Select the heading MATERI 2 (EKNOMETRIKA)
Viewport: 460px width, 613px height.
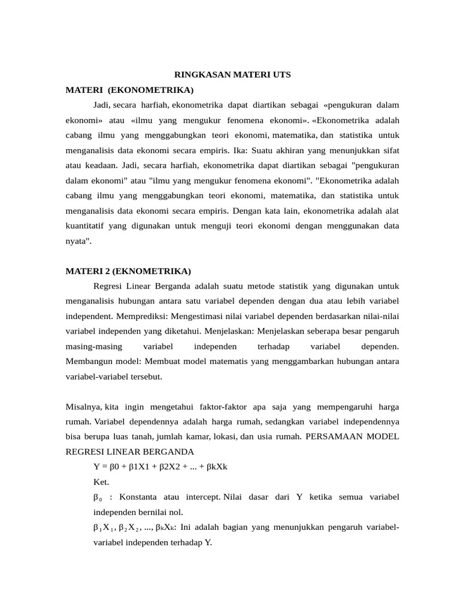point(128,271)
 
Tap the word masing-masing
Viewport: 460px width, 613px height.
point(93,346)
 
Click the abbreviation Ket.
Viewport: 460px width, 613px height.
point(102,481)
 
